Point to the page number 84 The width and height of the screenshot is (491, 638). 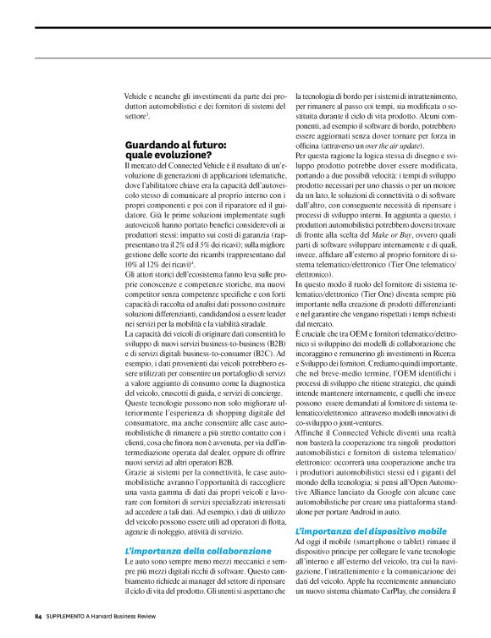(x=37, y=614)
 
